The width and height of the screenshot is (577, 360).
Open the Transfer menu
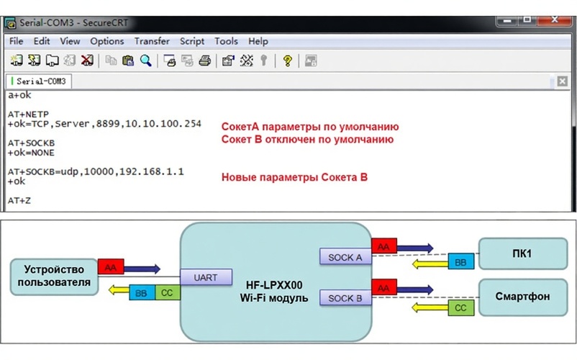click(x=152, y=41)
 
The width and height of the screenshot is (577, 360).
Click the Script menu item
click(x=192, y=41)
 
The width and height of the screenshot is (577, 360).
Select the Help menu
click(x=258, y=41)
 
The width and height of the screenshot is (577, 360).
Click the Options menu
click(x=107, y=41)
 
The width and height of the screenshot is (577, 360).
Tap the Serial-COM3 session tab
click(x=40, y=81)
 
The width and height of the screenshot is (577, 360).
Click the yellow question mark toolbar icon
click(x=287, y=60)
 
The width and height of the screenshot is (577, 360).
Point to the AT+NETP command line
click(x=27, y=114)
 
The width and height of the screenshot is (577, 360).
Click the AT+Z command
click(x=20, y=200)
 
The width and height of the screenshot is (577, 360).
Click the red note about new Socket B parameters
click(x=294, y=176)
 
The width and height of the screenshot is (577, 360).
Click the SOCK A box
click(x=345, y=257)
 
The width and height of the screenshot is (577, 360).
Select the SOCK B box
click(x=345, y=298)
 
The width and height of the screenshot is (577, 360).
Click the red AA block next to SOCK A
click(x=383, y=247)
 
